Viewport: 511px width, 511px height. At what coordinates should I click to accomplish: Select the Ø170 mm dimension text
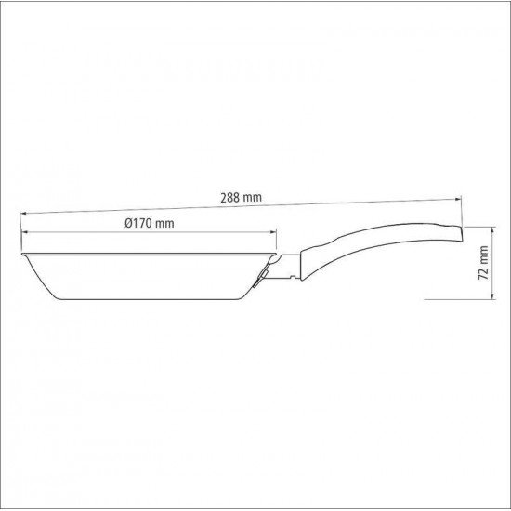pyautogui.click(x=149, y=224)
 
